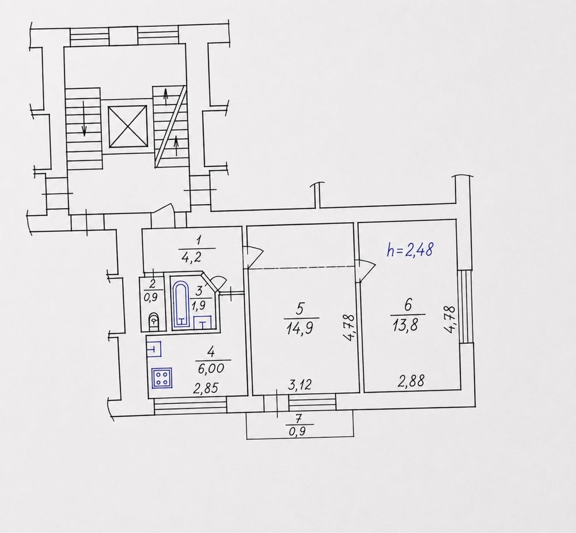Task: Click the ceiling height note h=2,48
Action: [x=410, y=250]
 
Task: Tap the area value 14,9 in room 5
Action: [x=299, y=328]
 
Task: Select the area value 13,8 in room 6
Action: [x=405, y=325]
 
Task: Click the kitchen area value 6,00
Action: [x=211, y=368]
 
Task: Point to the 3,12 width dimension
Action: [x=300, y=385]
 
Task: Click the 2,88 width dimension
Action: [x=411, y=381]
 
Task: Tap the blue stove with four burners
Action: [x=162, y=378]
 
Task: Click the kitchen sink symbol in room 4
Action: [x=154, y=349]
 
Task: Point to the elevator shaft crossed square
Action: [x=127, y=126]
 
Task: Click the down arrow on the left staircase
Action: [x=85, y=118]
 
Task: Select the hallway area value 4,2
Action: [x=191, y=256]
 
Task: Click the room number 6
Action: [x=408, y=305]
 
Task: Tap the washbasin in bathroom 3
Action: [x=202, y=322]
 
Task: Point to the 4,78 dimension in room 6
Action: [x=450, y=320]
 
